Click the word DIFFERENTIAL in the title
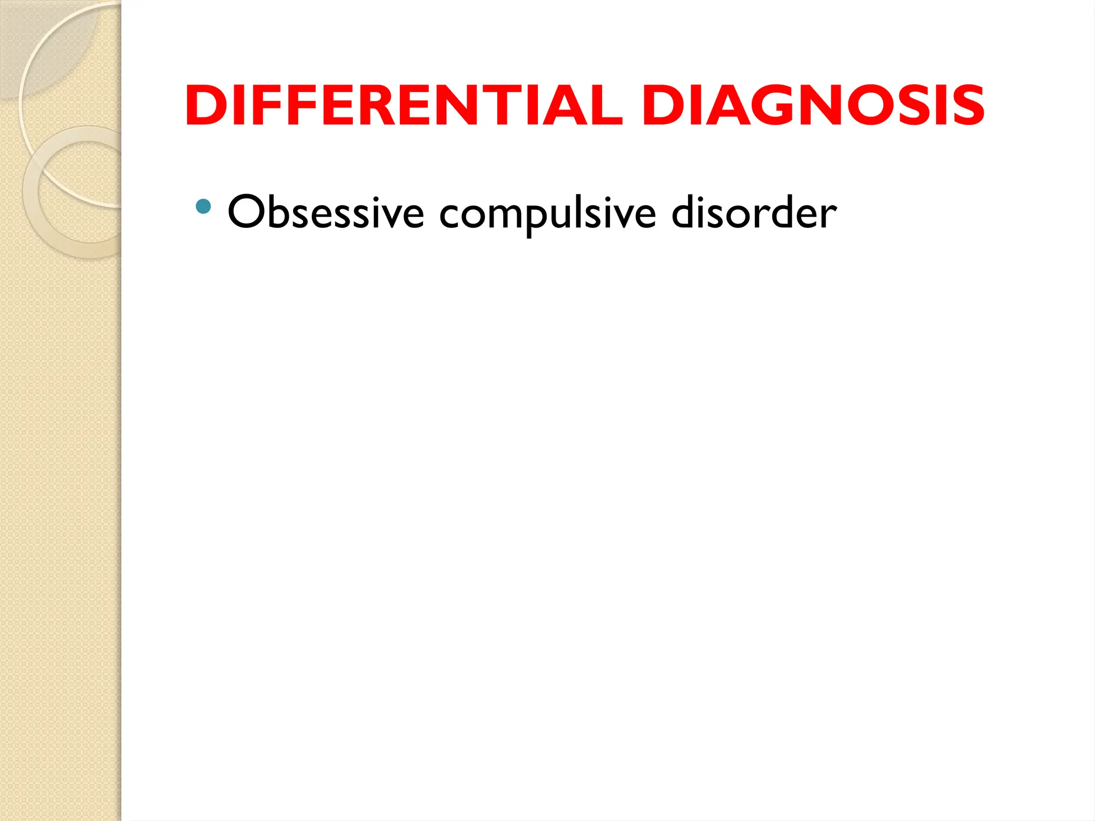pyautogui.click(x=404, y=106)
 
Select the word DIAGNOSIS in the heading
pyautogui.click(x=813, y=106)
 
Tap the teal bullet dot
pyautogui.click(x=203, y=206)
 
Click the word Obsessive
pyautogui.click(x=326, y=212)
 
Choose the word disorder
pyautogui.click(x=754, y=212)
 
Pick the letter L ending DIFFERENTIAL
pyautogui.click(x=604, y=106)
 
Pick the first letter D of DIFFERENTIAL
pyautogui.click(x=205, y=106)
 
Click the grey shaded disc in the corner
pyautogui.click(x=43, y=43)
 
